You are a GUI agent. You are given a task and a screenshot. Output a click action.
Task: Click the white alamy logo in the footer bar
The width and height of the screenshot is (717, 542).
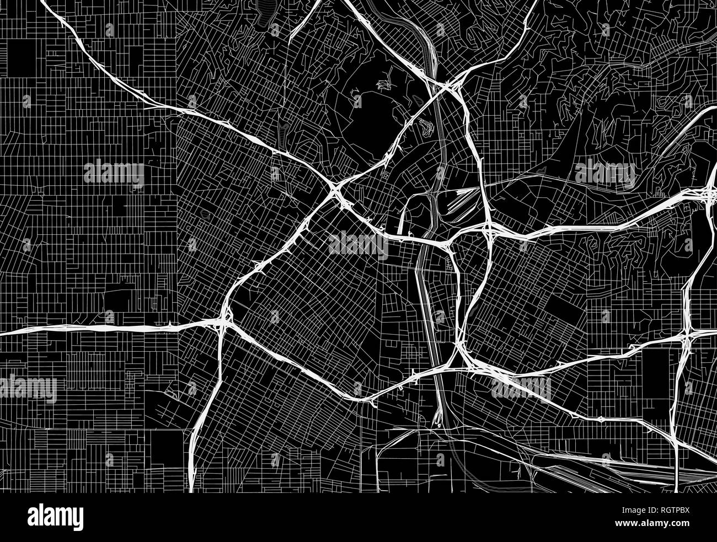pos(55,517)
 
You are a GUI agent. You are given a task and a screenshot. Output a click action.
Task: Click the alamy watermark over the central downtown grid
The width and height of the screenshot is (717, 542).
pos(358,243)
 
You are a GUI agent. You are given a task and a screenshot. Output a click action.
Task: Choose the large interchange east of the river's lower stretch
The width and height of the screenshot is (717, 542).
pos(461,353)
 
